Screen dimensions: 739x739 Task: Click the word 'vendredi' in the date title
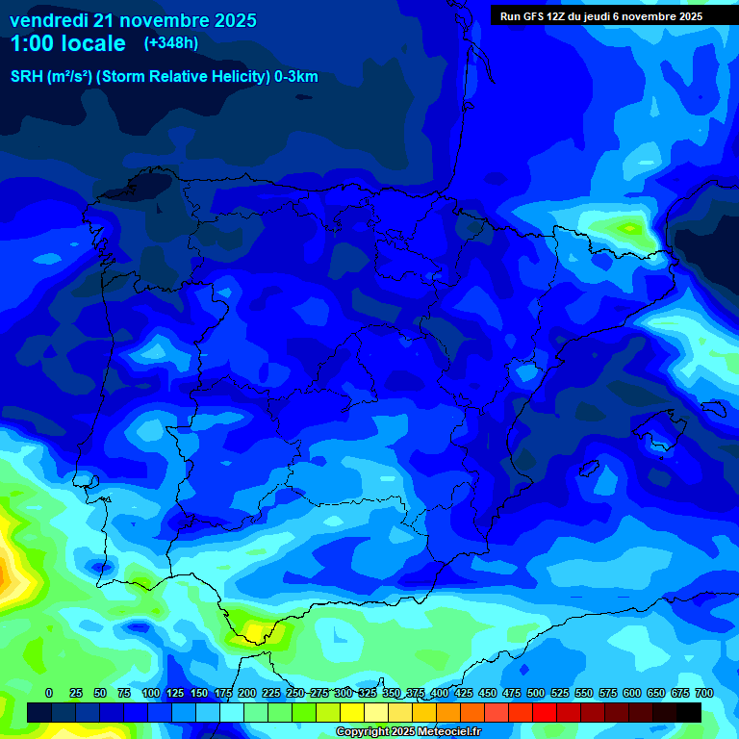pyautogui.click(x=48, y=20)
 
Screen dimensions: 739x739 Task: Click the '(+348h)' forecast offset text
pyautogui.click(x=171, y=43)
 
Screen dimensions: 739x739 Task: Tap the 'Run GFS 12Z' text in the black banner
pyautogui.click(x=532, y=16)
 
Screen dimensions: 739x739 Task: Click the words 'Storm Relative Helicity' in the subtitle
pyautogui.click(x=179, y=77)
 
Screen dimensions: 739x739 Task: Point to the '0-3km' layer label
pyautogui.click(x=296, y=77)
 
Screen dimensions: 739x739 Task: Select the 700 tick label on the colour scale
pyautogui.click(x=703, y=693)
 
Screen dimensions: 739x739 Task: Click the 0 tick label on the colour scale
pyautogui.click(x=48, y=693)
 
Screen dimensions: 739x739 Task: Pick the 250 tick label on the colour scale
pyautogui.click(x=294, y=693)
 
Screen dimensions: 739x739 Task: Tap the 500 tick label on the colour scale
pyautogui.click(x=536, y=693)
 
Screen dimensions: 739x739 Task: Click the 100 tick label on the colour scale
pyautogui.click(x=150, y=693)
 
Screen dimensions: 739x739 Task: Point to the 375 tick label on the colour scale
pyautogui.click(x=416, y=693)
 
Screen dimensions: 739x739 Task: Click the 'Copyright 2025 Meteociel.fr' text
pyautogui.click(x=408, y=732)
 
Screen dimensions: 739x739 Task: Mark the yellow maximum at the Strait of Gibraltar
pyautogui.click(x=256, y=631)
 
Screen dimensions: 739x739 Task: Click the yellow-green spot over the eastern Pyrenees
pyautogui.click(x=629, y=228)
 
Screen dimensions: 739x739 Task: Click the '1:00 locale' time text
pyautogui.click(x=67, y=43)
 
